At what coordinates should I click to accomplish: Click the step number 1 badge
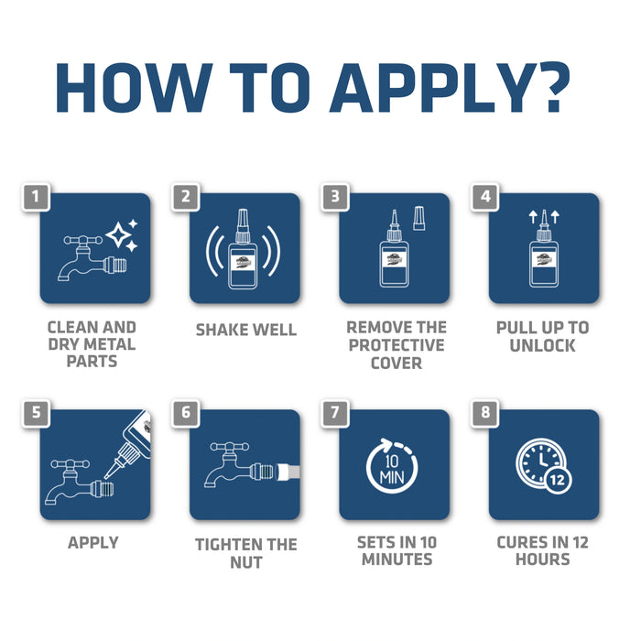pos(36,197)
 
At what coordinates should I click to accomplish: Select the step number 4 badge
pos(484,197)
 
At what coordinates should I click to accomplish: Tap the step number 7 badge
pos(335,413)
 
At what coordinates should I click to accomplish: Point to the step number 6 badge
pos(186,413)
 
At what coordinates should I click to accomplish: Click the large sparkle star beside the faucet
pos(118,235)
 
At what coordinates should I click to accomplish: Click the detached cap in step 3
pos(419,218)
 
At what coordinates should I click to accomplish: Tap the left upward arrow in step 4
pos(533,217)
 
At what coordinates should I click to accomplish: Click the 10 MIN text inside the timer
pos(392,469)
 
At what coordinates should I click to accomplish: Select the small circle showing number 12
pos(557,480)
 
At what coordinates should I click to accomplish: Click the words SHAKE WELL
pos(246,330)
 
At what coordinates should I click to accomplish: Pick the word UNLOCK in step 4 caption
pos(542,345)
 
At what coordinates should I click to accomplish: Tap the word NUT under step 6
pos(246,562)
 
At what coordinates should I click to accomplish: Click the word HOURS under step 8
pos(542,560)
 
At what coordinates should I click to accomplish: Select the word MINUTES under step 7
pos(397,560)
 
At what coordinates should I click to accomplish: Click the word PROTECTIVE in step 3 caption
pos(397,345)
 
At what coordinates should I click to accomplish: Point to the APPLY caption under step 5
pos(93,543)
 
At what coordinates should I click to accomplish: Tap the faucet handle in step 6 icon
pos(229,447)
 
